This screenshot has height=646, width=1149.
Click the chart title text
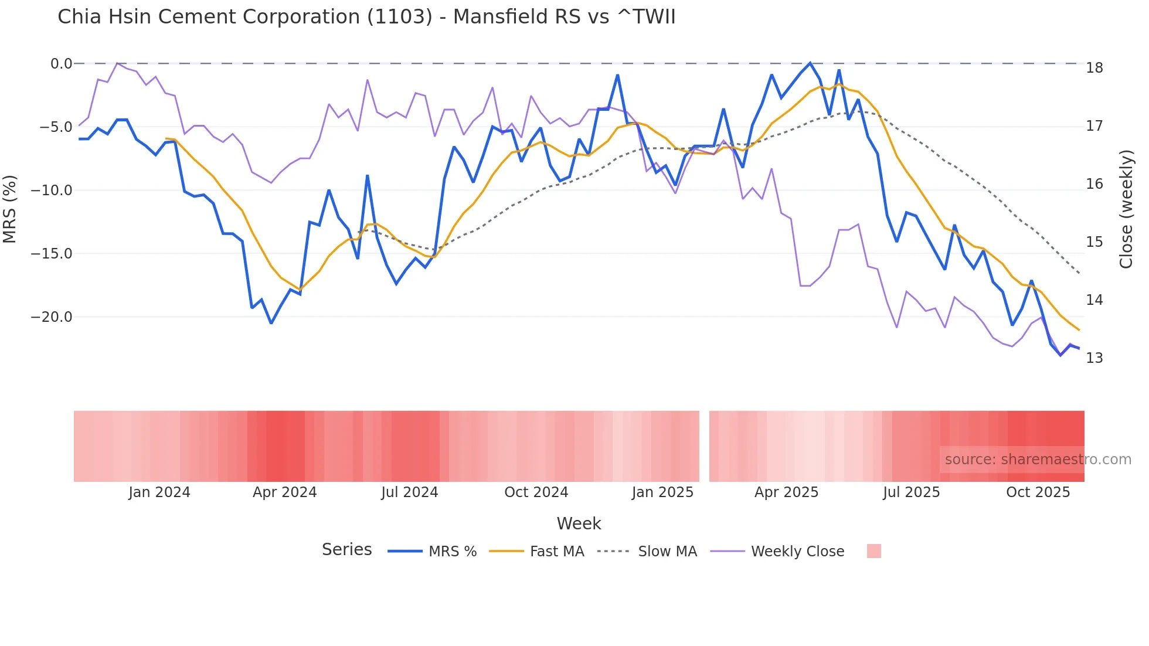click(x=366, y=17)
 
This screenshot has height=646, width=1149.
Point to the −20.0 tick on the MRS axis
click(x=52, y=317)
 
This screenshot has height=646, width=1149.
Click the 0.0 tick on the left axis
click(x=61, y=63)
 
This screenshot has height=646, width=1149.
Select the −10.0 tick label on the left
click(x=52, y=191)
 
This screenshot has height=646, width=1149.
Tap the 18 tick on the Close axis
click(x=1094, y=68)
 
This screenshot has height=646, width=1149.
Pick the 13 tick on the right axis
click(x=1094, y=358)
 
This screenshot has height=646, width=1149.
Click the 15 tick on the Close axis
click(x=1094, y=242)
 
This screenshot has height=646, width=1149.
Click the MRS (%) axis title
click(x=10, y=209)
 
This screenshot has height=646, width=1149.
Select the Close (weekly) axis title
click(x=1126, y=209)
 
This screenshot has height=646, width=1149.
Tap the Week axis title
click(x=579, y=523)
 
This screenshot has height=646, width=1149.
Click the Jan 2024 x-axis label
click(x=159, y=492)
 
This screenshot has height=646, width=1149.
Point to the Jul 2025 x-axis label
click(x=911, y=492)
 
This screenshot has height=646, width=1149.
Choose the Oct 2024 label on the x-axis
click(x=536, y=492)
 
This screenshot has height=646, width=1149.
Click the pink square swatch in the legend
click(x=873, y=552)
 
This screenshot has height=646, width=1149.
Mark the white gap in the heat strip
click(x=704, y=446)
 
